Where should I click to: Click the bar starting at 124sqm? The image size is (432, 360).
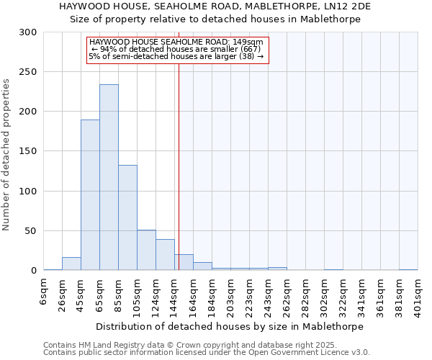(x=165, y=255)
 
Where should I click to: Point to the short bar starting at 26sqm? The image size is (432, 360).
(x=71, y=264)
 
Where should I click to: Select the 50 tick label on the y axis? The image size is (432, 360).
(x=30, y=231)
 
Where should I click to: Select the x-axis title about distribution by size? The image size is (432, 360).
(x=230, y=326)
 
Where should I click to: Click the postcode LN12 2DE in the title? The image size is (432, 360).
(x=357, y=6)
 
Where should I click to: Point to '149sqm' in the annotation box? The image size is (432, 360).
(x=249, y=42)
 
